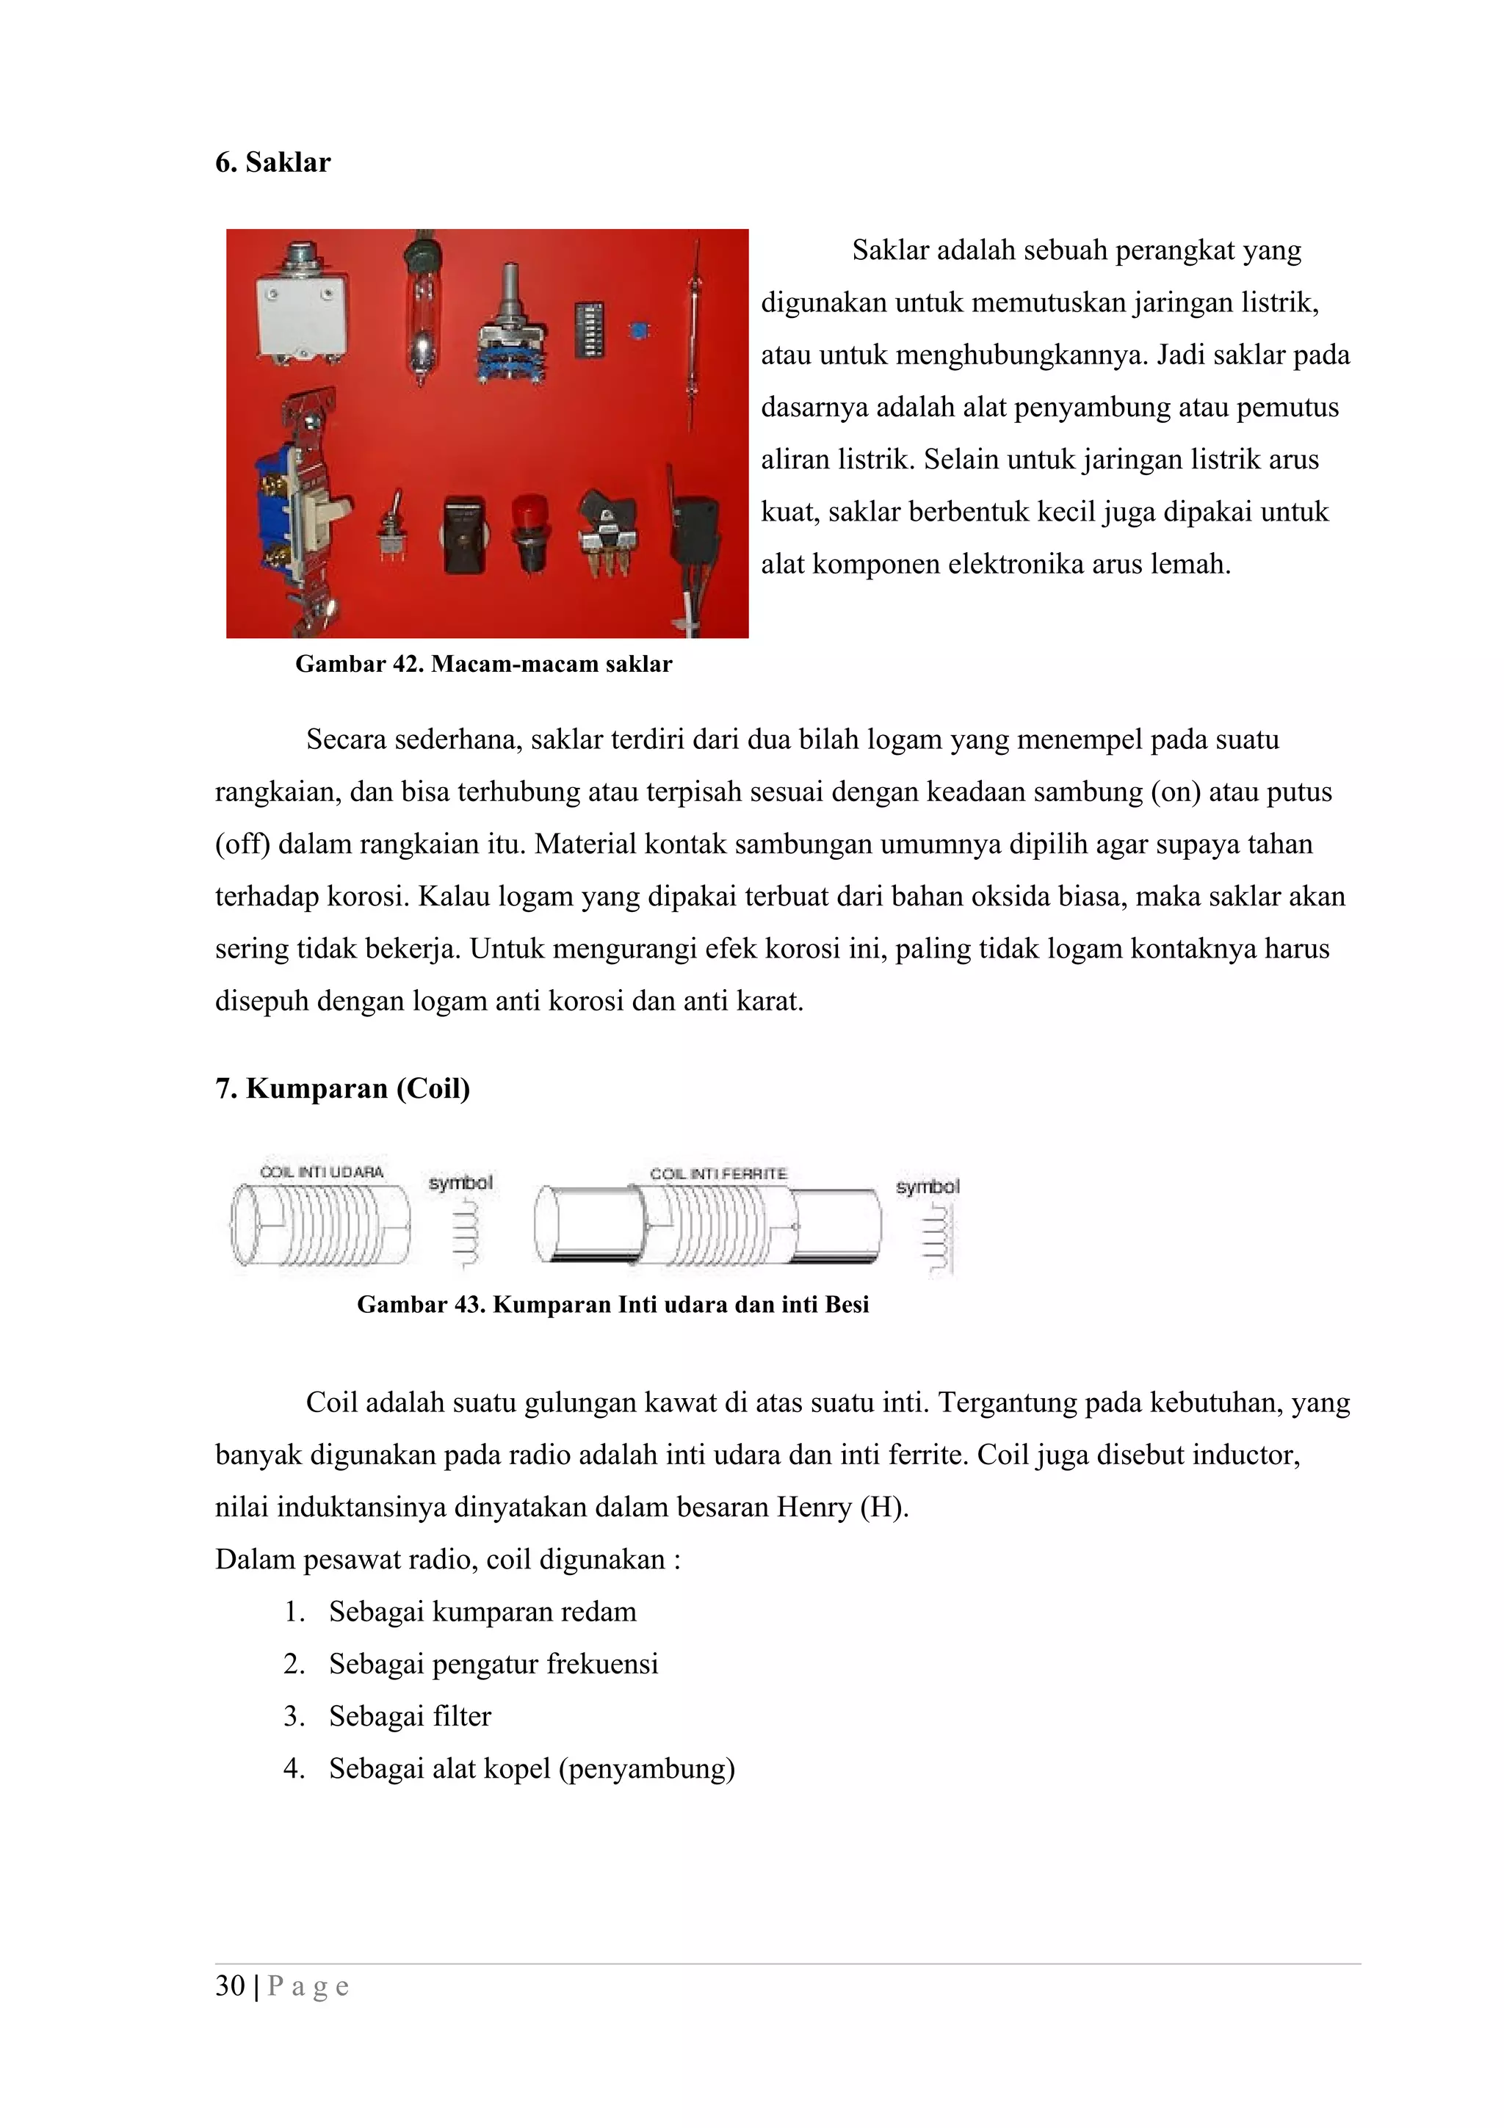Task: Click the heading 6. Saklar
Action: [x=272, y=162]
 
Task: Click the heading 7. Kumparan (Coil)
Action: [x=342, y=1088]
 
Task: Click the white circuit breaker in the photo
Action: [x=304, y=311]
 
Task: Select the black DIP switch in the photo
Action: [x=590, y=328]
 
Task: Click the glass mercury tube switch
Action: [x=422, y=311]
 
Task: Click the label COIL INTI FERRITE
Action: [x=718, y=1173]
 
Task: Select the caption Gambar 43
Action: [x=612, y=1304]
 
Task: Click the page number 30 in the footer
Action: [x=230, y=1986]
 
